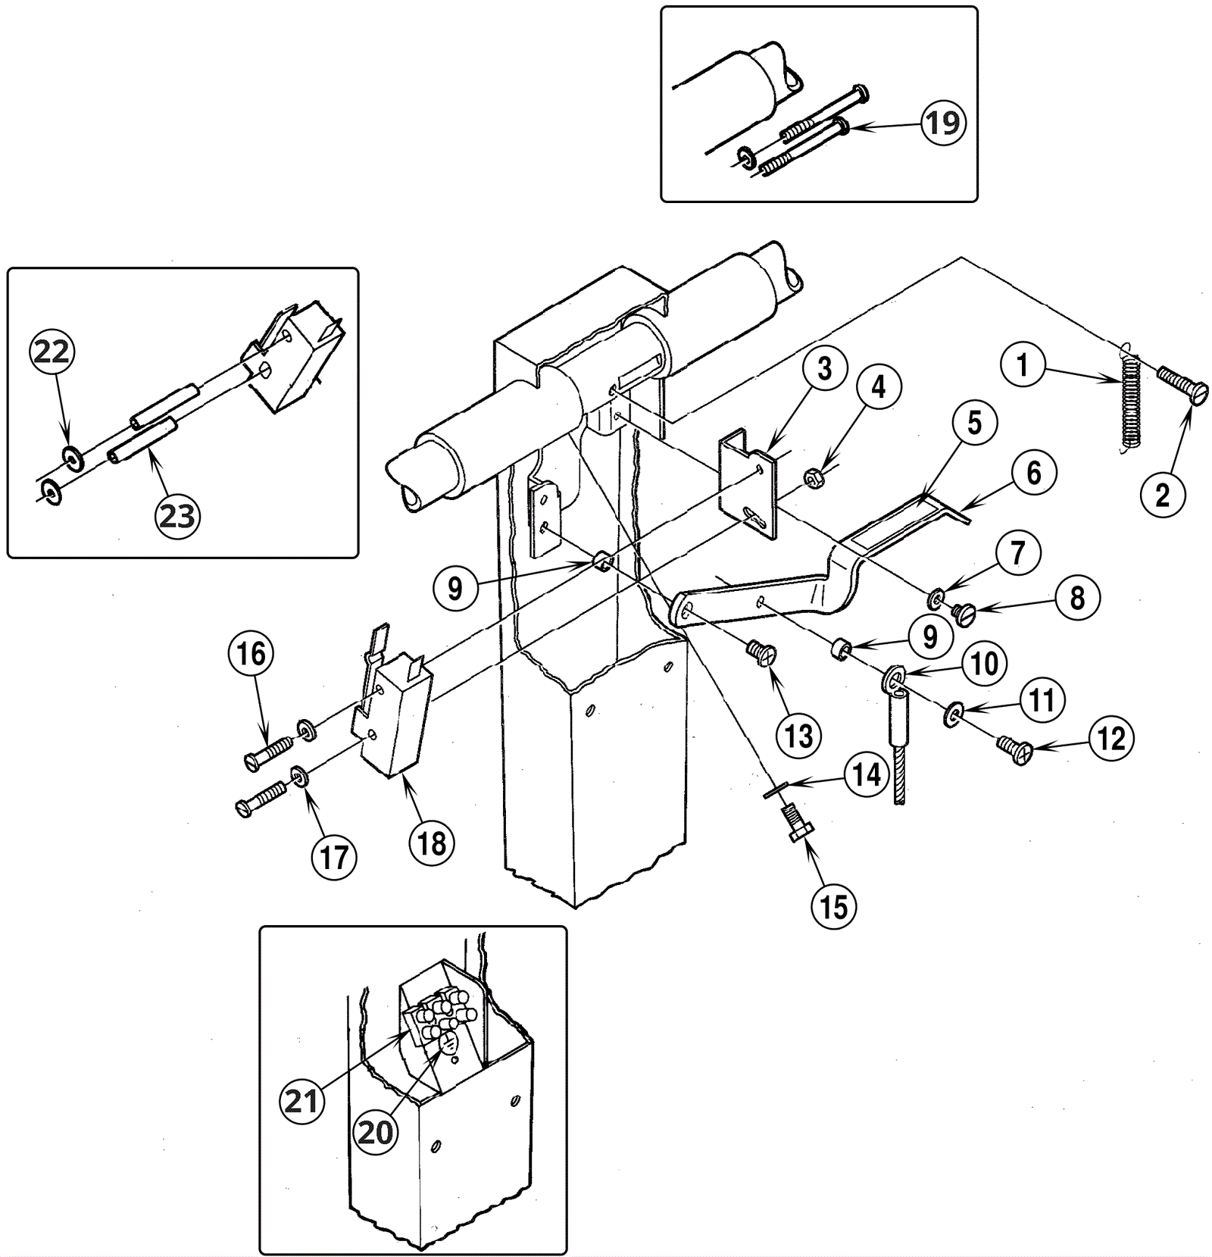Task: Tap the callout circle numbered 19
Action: pos(943,123)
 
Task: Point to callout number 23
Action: pos(177,516)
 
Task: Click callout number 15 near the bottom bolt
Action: pos(834,905)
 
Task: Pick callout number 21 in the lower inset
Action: pos(302,1101)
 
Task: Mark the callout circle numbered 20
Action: pos(376,1133)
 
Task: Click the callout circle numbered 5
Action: pos(973,423)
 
